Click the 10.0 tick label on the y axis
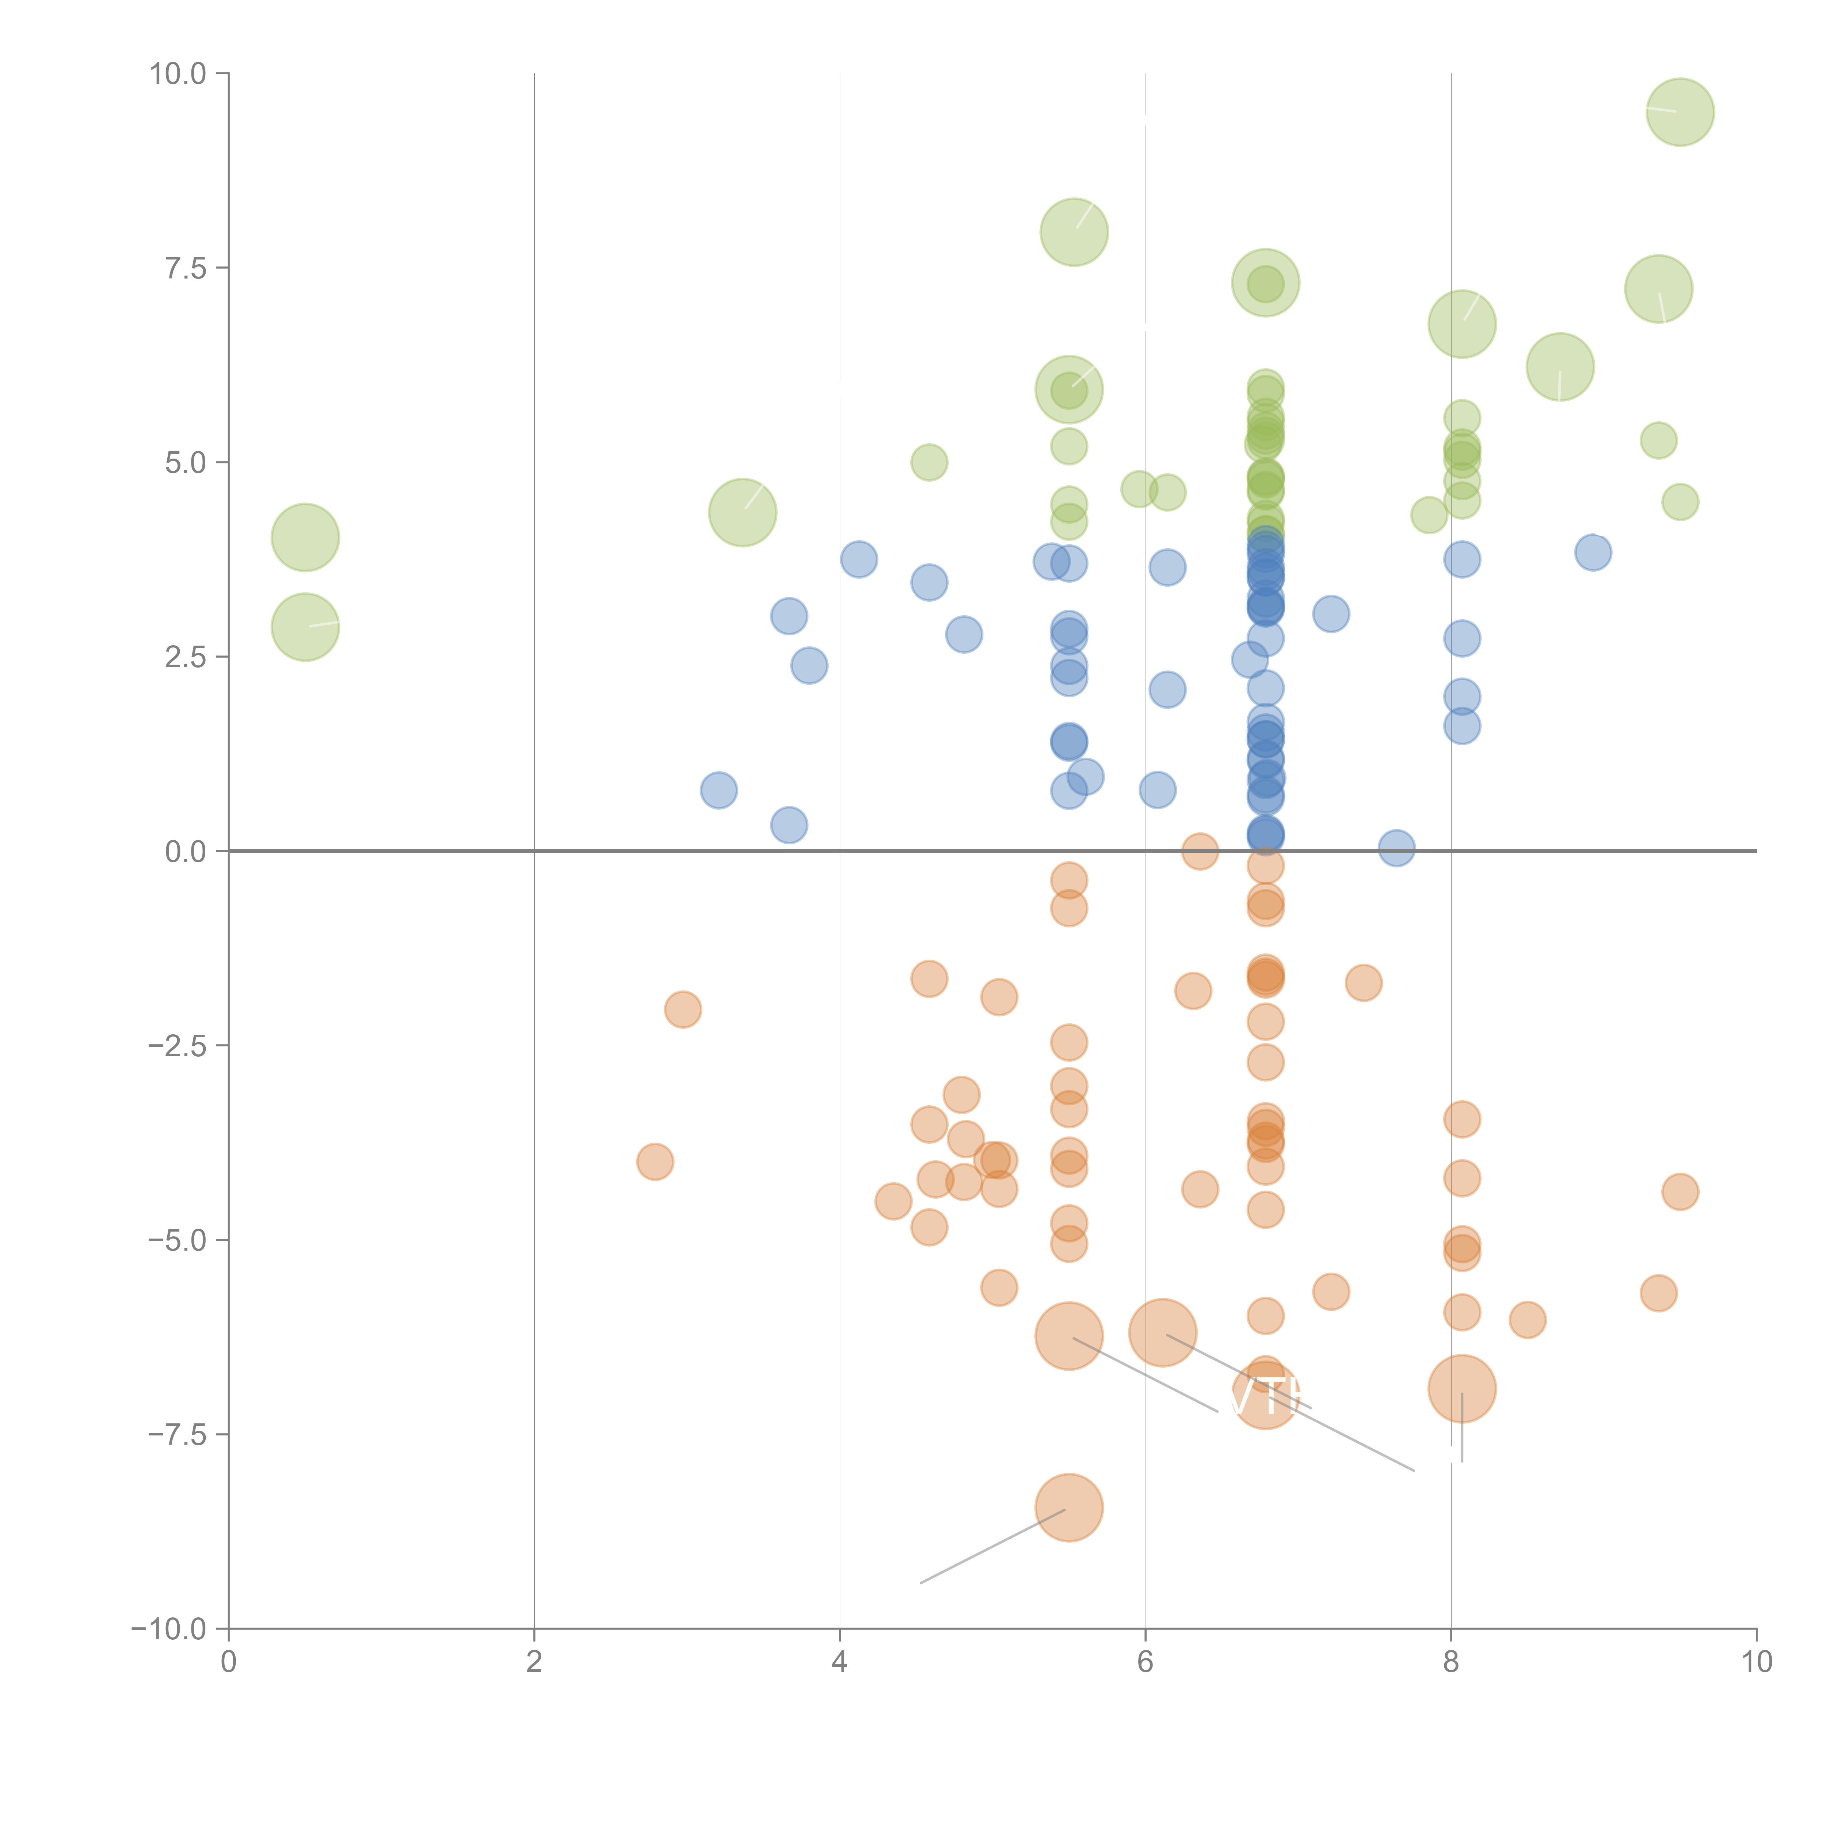[178, 74]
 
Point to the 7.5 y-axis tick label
[186, 268]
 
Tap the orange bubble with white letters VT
[1266, 1394]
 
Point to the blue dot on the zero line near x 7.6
[1396, 849]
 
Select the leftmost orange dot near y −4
[654, 1161]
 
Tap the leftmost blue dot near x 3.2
[719, 790]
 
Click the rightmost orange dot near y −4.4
[1680, 1192]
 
